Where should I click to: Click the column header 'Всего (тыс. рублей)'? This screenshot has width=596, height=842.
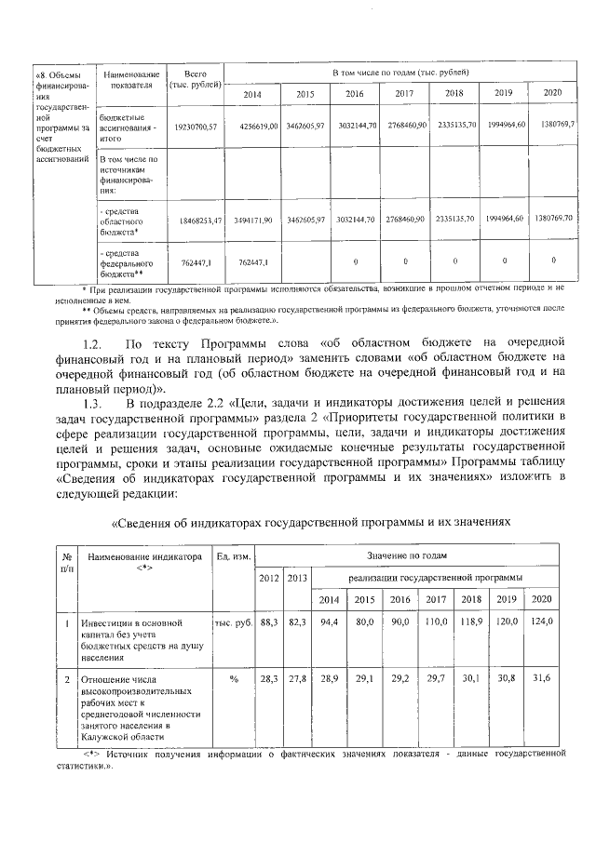coord(195,79)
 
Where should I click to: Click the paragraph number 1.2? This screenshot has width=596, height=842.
coord(90,343)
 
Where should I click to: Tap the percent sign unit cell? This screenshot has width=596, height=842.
coord(234,680)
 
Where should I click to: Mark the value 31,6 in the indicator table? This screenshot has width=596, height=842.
coord(542,679)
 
